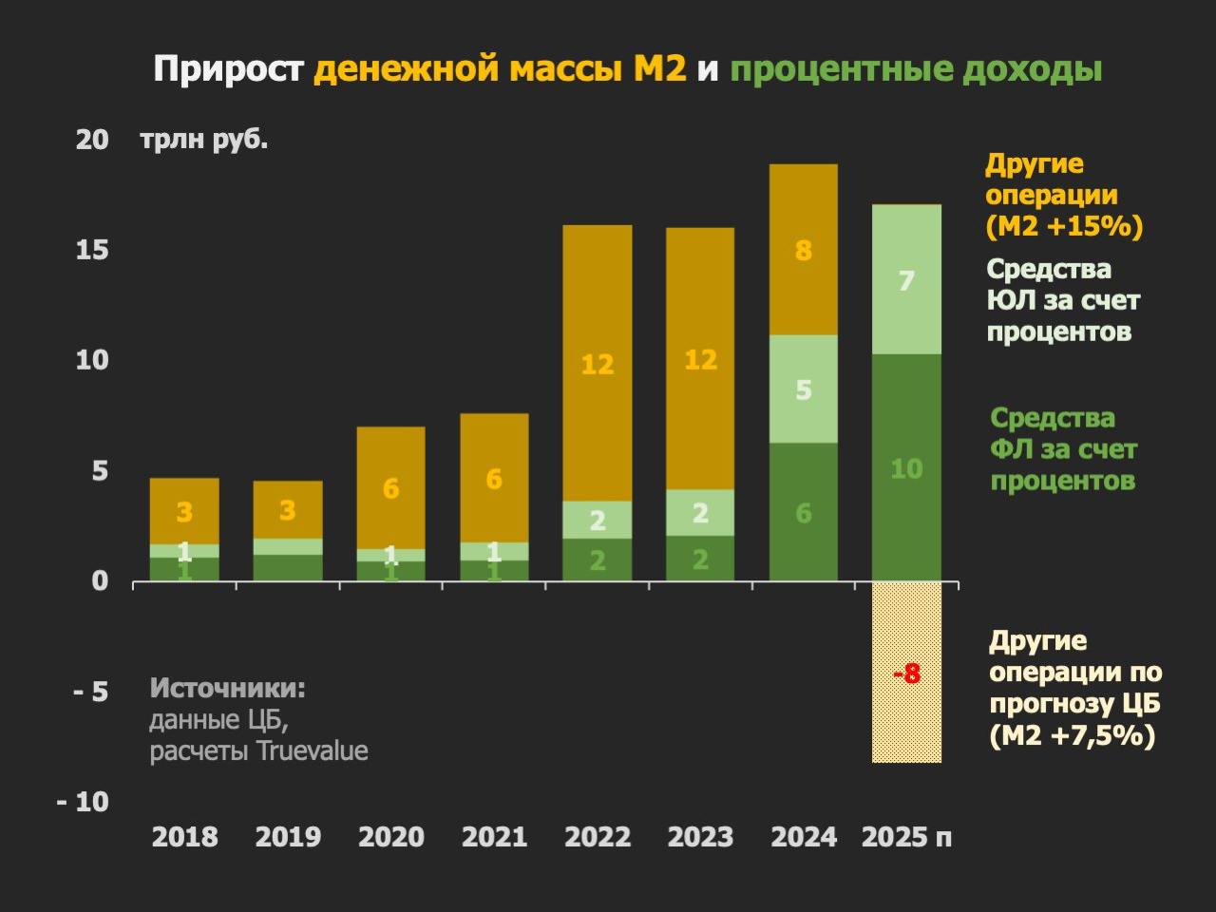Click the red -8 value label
pos(906,674)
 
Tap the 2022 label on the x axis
pos(597,837)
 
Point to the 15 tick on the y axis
pos(92,250)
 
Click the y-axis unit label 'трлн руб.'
pos(204,140)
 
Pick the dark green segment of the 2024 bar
pos(803,513)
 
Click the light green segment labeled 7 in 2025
pos(906,280)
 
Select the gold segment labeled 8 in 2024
pos(803,250)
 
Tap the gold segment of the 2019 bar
pos(288,510)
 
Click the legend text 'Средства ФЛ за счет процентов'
pos(1063,449)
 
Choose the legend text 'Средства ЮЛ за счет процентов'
pos(1062,300)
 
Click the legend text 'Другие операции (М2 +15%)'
pos(1063,196)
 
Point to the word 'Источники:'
pos(228,688)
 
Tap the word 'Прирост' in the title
pos(228,69)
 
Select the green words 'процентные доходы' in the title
pos(916,69)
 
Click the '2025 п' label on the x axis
pos(906,837)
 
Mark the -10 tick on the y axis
pos(83,802)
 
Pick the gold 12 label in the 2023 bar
pos(700,359)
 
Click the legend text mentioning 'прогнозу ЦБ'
pos(1074,688)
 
